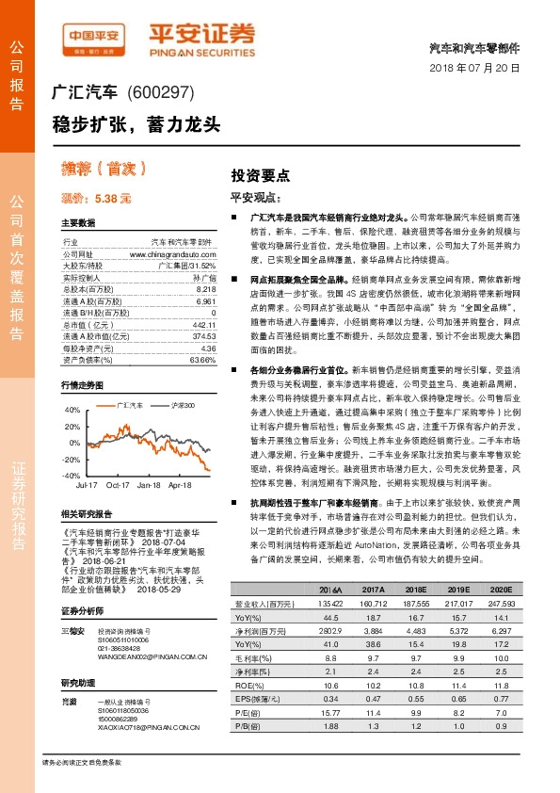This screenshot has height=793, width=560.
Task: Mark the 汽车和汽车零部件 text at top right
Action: (x=481, y=47)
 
